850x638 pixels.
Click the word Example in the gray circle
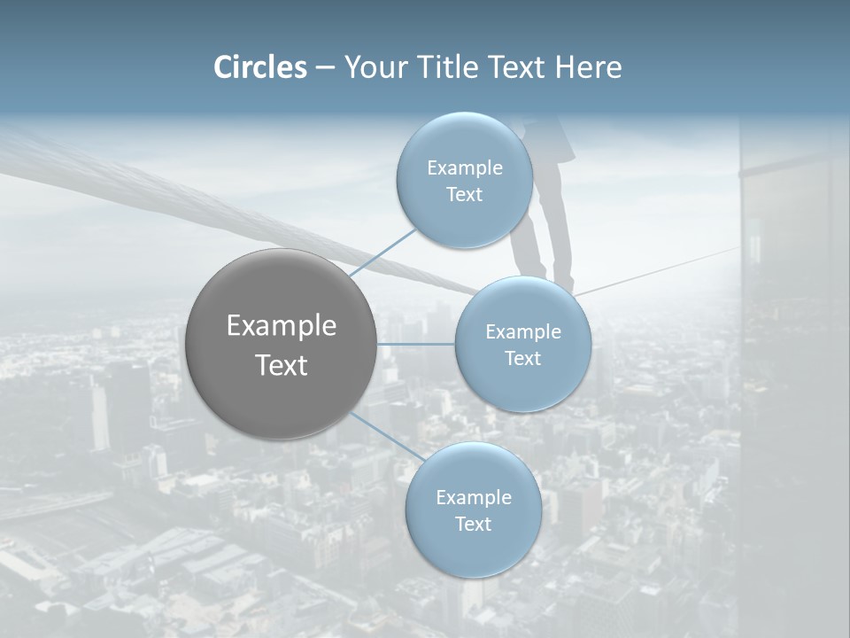pyautogui.click(x=281, y=326)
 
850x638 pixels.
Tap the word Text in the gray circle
pyautogui.click(x=281, y=365)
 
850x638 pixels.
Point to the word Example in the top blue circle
pyautogui.click(x=464, y=168)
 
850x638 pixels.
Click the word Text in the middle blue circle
pyautogui.click(x=522, y=359)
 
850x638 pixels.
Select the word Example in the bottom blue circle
pyautogui.click(x=473, y=498)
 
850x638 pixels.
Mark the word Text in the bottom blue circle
pyautogui.click(x=473, y=525)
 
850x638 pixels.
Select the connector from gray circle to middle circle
pyautogui.click(x=416, y=344)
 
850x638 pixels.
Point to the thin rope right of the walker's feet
pyautogui.click(x=655, y=270)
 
